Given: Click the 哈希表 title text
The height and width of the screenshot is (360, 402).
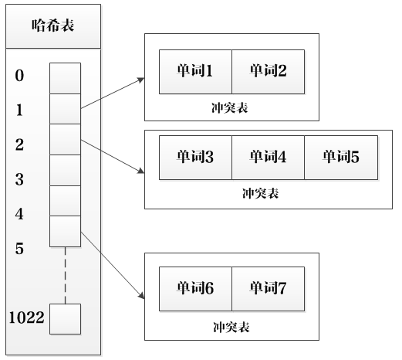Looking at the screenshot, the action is point(53,25).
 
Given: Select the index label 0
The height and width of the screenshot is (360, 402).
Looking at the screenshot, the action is point(19,76).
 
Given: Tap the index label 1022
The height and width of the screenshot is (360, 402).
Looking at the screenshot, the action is point(26,318).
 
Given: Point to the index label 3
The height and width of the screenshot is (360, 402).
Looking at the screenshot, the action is point(19,179).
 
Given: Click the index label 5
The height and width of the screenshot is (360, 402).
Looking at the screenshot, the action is point(19,249).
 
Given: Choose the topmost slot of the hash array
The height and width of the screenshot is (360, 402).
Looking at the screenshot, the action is point(65,78).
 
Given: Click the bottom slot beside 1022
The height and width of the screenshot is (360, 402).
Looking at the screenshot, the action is point(65,319).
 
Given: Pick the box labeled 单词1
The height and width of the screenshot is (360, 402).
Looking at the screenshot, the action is point(195,72).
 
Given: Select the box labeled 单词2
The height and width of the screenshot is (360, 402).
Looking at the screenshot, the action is point(269,72).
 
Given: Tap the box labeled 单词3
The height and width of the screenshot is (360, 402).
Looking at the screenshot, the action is point(195,158).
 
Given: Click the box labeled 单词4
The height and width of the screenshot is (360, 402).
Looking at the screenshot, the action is point(269,158).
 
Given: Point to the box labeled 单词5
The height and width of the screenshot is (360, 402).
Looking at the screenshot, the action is point(341,158).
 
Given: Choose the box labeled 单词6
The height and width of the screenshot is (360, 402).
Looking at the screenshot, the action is point(195,289).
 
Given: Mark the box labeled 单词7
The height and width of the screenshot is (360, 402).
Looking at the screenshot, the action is point(269,289).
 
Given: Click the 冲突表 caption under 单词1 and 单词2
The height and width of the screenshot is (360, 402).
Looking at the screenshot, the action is point(230,108).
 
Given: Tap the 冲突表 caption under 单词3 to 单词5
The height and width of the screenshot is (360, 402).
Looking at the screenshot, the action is point(260,193).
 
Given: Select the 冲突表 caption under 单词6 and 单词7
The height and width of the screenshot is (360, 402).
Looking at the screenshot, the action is point(231,328).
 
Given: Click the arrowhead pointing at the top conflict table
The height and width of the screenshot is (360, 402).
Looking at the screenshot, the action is point(141,80).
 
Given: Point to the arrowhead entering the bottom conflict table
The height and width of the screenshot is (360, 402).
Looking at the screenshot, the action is point(142,296).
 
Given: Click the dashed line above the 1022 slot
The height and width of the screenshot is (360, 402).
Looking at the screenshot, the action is point(65,275).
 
